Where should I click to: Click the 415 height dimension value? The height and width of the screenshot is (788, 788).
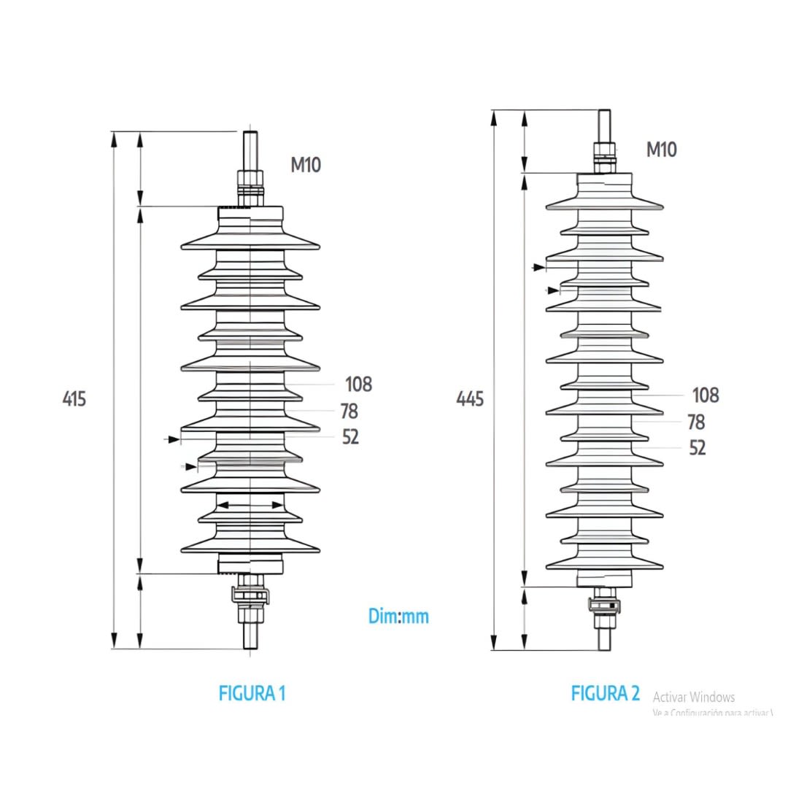74,399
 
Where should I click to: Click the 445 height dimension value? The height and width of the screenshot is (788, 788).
470,399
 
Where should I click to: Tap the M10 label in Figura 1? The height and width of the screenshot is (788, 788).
306,165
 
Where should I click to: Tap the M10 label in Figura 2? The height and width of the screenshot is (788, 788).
661,150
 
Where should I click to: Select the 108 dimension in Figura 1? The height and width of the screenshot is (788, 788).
358,384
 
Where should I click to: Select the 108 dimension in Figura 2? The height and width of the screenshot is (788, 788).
705,395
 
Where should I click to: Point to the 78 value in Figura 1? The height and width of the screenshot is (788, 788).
349,411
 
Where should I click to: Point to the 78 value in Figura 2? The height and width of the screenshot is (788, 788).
696,422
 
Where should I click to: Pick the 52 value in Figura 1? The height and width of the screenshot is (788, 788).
350,437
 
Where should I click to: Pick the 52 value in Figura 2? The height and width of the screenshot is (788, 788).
698,448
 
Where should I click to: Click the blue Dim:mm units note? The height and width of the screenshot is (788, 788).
398,617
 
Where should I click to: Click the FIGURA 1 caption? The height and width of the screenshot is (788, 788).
252,693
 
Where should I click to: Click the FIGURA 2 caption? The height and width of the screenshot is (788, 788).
605,693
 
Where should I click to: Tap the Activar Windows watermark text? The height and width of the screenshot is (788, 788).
693,697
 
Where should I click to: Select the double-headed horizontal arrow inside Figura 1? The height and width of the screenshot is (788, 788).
250,504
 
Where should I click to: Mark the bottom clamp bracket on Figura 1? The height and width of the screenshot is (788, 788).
250,595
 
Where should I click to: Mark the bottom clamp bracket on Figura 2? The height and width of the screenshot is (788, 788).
604,605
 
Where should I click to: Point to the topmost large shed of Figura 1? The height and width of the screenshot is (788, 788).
250,242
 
